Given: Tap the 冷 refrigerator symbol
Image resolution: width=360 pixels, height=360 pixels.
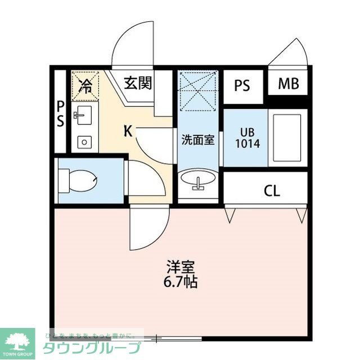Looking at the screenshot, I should point(85,85).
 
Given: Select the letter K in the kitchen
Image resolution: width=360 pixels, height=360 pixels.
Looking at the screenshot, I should point(128,132).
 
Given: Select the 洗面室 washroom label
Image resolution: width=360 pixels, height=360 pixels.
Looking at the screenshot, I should point(197,140).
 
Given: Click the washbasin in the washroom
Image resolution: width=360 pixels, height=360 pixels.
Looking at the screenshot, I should point(197,182).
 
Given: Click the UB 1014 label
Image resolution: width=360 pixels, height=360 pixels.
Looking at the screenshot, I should point(247,138).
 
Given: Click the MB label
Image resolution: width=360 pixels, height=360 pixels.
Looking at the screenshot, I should point(289,84).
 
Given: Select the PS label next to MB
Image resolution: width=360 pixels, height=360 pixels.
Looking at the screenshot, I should point(242,86).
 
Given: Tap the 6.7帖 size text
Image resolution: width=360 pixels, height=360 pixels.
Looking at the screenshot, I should point(181,281).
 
